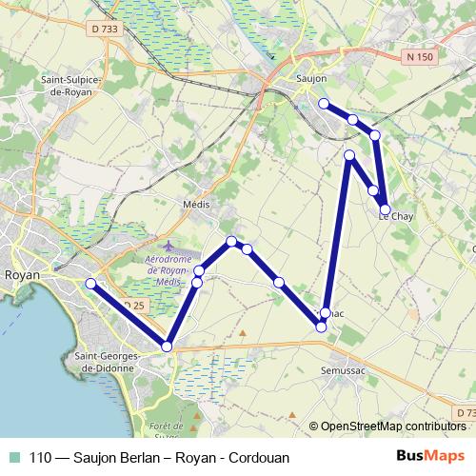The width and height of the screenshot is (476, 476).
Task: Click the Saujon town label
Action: coord(311,79)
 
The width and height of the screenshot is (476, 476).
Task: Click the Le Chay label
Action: coord(396,216)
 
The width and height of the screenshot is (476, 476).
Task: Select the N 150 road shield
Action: coord(420,58)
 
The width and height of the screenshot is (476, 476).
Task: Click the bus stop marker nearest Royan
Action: coord(90,283)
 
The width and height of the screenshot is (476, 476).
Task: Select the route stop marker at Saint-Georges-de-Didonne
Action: coord(168,347)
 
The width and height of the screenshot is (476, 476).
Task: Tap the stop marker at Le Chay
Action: coord(386,209)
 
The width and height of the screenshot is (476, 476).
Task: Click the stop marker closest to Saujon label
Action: coord(324,103)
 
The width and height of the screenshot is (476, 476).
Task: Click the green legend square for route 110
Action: coord(14,456)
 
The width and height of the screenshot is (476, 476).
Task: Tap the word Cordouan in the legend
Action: coord(258,457)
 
